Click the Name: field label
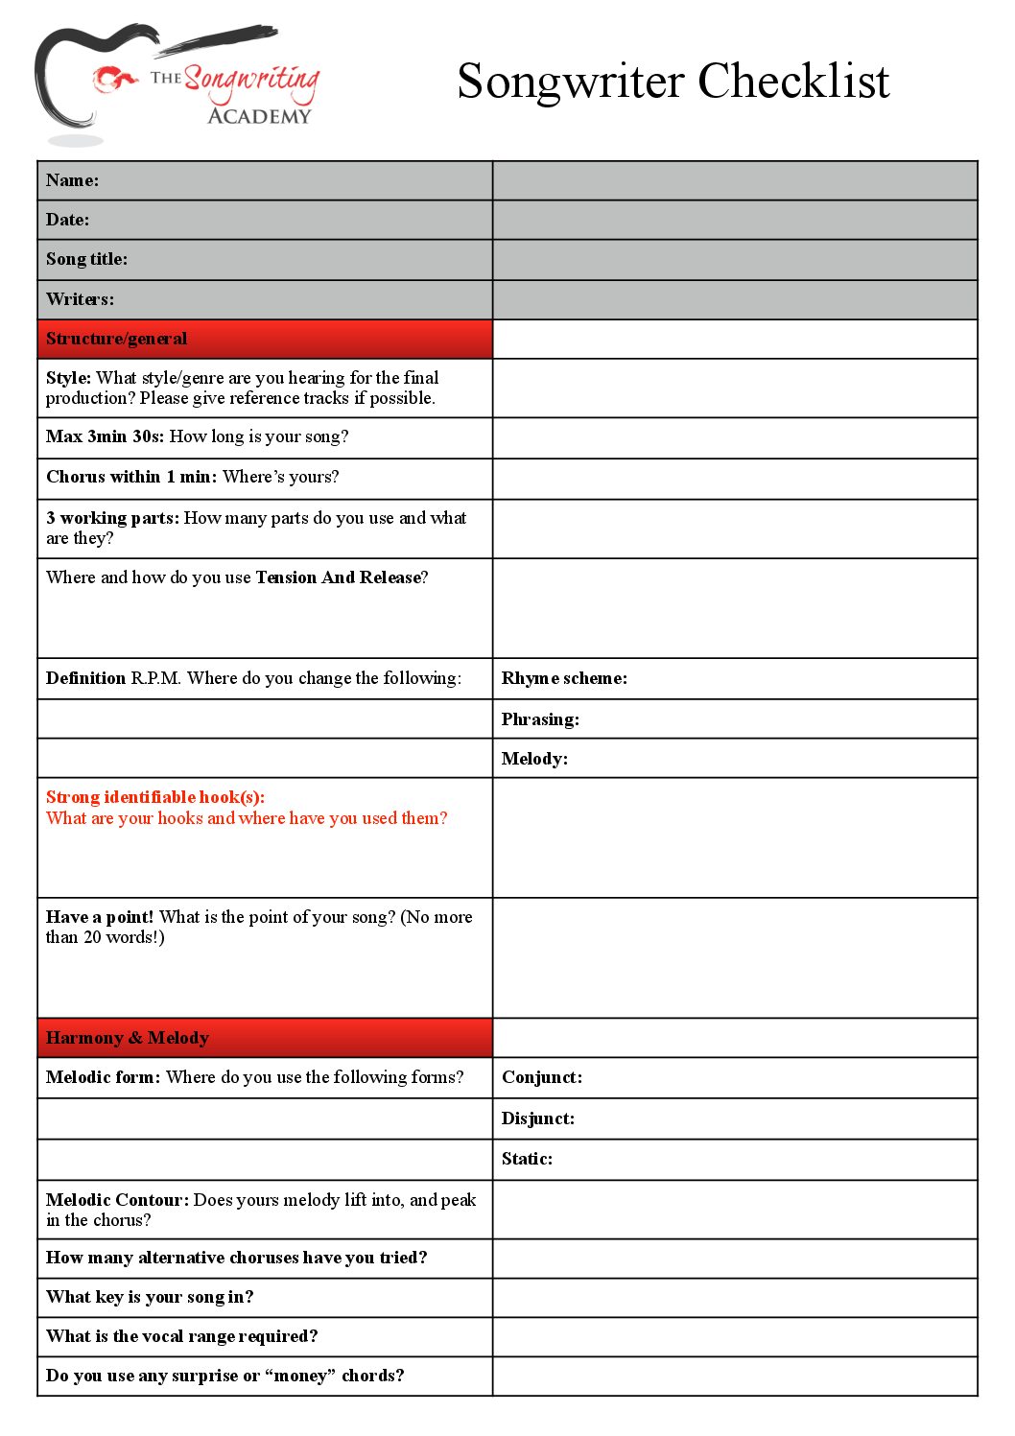click(x=72, y=180)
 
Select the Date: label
click(x=67, y=220)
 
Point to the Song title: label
click(x=86, y=259)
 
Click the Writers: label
click(x=80, y=299)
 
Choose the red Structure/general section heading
click(x=117, y=339)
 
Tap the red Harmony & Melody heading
click(x=128, y=1038)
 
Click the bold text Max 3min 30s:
click(x=105, y=436)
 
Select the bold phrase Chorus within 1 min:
click(x=131, y=477)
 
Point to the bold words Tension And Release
click(x=338, y=577)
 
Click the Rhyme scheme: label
click(x=564, y=678)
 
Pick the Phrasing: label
click(x=540, y=719)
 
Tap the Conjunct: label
click(x=542, y=1077)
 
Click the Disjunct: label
click(x=538, y=1118)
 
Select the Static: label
click(x=527, y=1159)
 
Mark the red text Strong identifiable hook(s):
click(x=155, y=797)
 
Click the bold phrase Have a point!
click(x=100, y=917)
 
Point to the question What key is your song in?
click(x=150, y=1297)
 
